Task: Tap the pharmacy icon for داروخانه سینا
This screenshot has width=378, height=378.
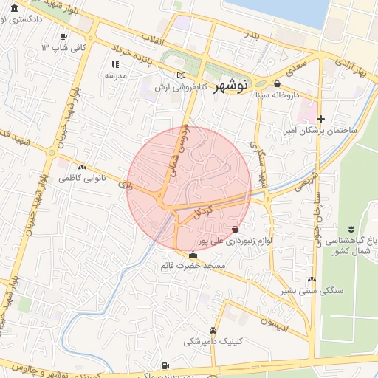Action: (x=277, y=83)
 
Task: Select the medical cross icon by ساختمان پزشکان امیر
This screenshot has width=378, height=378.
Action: (x=320, y=119)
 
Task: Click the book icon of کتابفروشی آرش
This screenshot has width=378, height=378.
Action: (x=182, y=75)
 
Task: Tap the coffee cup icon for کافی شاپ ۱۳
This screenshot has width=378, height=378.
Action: (x=64, y=36)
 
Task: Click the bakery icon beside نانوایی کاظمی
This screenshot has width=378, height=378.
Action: (x=91, y=167)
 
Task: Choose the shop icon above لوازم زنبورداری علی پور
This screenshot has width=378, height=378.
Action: (x=235, y=230)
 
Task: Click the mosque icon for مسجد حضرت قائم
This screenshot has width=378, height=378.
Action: (x=193, y=255)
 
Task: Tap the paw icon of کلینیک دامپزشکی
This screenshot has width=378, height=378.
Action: (x=213, y=330)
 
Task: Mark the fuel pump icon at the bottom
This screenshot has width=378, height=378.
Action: (x=164, y=365)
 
